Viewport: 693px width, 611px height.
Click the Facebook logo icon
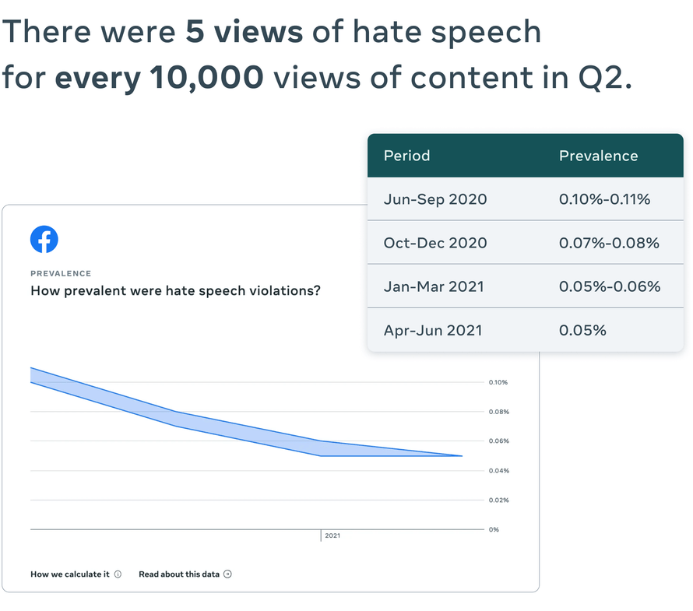[x=44, y=239]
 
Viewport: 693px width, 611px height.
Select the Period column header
[x=406, y=156]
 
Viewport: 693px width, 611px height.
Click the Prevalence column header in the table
[x=598, y=156]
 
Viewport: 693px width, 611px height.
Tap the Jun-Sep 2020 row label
[x=435, y=199]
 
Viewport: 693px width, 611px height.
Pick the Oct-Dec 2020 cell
[x=435, y=243]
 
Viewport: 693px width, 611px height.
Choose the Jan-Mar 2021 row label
[x=434, y=286]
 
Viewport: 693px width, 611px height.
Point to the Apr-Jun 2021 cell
[x=433, y=330]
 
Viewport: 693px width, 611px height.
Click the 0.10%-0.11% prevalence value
[x=604, y=199]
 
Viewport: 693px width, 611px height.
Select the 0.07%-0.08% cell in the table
[x=609, y=243]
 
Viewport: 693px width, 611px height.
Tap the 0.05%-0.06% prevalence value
[x=610, y=286]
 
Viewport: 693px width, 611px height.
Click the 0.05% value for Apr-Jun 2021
[x=582, y=330]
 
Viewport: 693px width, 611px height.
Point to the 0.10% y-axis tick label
[x=498, y=382]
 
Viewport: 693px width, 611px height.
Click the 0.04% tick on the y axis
[x=498, y=471]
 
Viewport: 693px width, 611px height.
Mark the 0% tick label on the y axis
[x=494, y=529]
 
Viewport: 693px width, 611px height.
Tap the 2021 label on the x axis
[x=332, y=536]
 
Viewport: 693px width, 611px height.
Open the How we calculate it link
[x=70, y=574]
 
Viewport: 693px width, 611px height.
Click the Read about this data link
[x=180, y=574]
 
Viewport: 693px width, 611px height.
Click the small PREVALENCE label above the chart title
[x=61, y=273]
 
